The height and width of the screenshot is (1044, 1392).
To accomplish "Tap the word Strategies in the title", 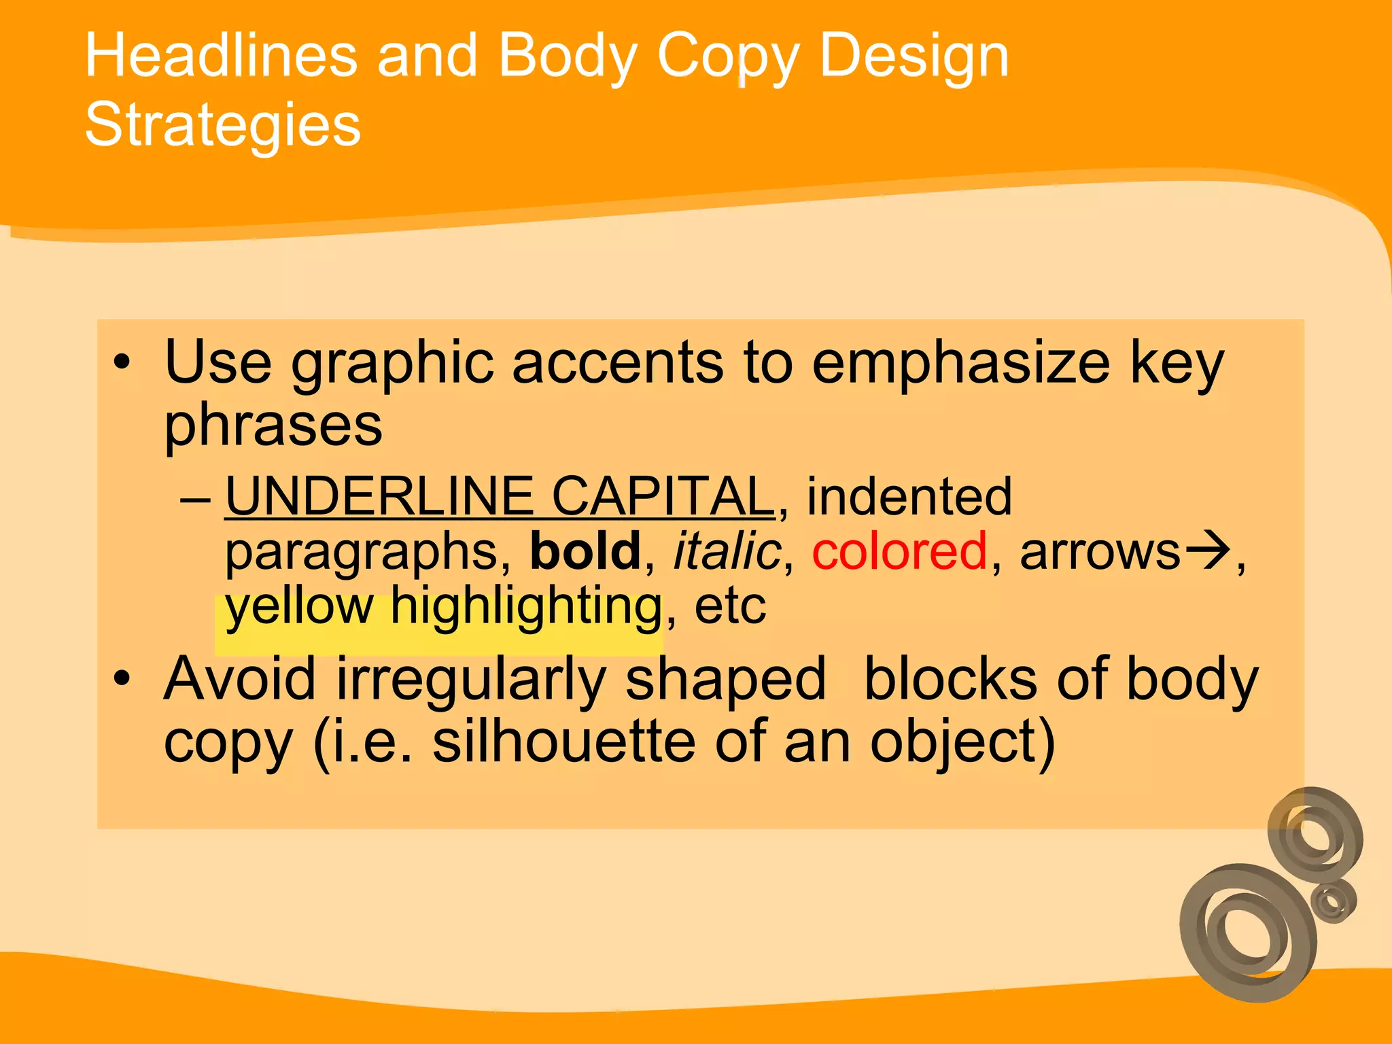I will [x=222, y=125].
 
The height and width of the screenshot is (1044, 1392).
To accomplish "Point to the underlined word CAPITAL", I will [x=662, y=496].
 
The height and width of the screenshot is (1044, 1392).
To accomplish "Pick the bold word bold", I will [x=585, y=551].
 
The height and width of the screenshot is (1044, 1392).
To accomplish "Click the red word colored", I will [x=899, y=551].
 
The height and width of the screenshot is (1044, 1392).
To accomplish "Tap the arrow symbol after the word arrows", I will [x=1208, y=549].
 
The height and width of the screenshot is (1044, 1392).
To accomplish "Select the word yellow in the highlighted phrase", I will [x=300, y=606].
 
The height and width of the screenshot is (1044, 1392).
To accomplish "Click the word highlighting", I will [x=525, y=606].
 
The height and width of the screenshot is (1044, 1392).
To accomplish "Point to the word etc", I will [x=730, y=606].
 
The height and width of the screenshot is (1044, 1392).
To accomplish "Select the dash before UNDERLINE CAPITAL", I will [x=196, y=500].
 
